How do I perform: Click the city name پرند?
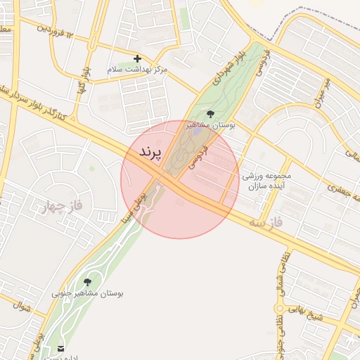[150, 152]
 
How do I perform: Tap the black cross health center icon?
[137, 58]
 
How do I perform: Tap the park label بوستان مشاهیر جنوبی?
[86, 293]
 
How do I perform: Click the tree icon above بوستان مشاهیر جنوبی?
[87, 282]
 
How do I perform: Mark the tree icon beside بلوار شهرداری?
[210, 113]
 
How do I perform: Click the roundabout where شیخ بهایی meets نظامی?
[279, 308]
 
